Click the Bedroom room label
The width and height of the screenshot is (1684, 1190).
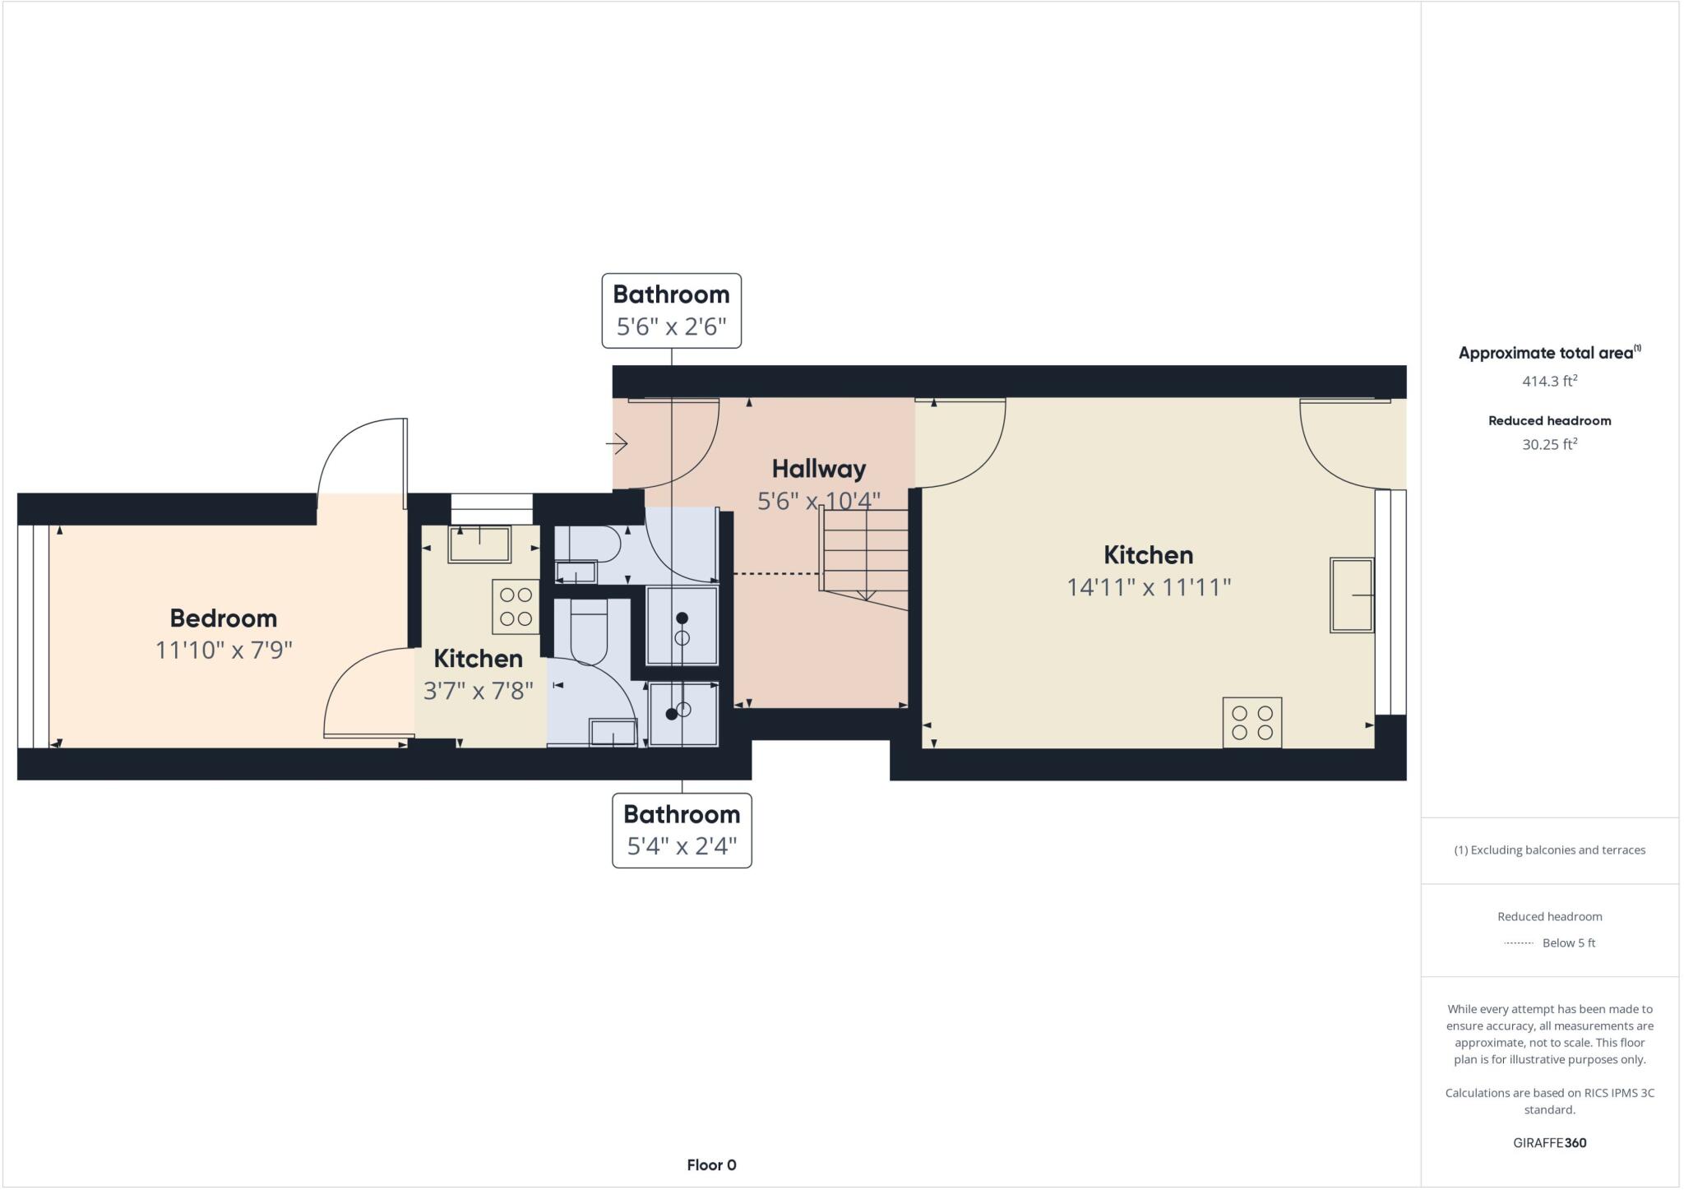click(223, 618)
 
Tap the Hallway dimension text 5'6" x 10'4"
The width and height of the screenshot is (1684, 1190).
click(818, 501)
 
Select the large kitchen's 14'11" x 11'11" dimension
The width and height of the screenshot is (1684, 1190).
click(1148, 587)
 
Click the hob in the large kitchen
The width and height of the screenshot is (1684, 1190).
click(1251, 723)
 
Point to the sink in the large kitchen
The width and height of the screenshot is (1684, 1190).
click(1351, 595)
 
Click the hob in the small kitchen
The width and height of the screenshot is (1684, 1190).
click(516, 607)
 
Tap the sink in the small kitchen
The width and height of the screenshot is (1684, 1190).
click(479, 544)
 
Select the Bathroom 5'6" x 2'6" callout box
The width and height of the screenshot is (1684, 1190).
click(671, 311)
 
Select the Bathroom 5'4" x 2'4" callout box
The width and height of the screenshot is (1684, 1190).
click(682, 831)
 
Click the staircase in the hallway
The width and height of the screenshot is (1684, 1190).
click(865, 551)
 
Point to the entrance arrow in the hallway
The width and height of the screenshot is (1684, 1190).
click(618, 444)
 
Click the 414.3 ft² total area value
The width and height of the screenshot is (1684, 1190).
click(1549, 382)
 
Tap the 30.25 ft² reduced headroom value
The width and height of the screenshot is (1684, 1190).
click(1549, 445)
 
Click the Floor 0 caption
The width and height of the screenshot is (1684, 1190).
click(711, 1165)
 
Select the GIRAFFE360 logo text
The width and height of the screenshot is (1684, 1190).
click(1549, 1143)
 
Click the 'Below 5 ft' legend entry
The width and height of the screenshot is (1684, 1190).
click(1567, 943)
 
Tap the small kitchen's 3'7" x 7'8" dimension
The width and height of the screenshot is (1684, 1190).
click(478, 691)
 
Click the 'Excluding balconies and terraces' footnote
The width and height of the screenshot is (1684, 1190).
click(1549, 850)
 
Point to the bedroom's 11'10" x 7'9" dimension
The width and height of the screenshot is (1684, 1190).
click(224, 651)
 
